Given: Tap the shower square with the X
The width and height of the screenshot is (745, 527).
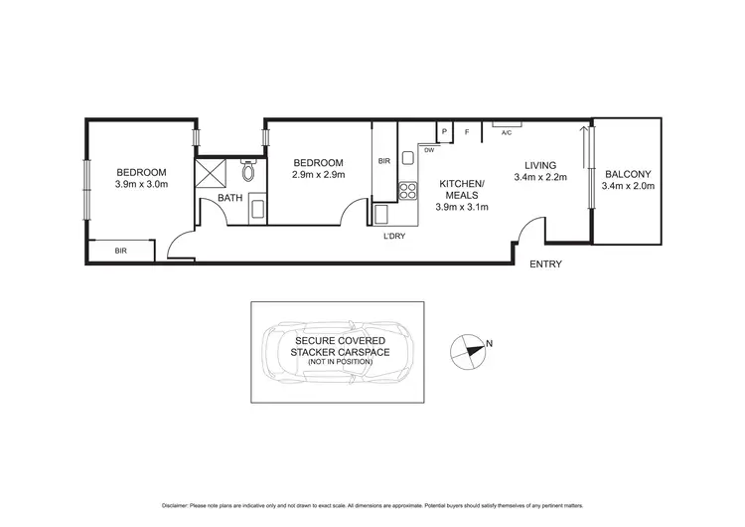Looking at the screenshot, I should tap(211, 175).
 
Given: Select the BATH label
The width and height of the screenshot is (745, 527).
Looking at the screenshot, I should tap(230, 198).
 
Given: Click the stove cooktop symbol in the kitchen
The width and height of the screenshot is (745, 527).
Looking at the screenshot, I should tap(407, 189).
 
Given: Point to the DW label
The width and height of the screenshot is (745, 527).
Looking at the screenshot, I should tap(429, 150).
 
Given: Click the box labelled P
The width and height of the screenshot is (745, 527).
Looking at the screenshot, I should tap(445, 131).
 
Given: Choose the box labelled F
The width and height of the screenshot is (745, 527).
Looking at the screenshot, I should tap(466, 131).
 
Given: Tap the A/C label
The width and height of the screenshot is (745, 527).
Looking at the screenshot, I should tap(506, 132).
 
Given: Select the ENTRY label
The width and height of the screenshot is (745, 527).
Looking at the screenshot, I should tap(546, 264).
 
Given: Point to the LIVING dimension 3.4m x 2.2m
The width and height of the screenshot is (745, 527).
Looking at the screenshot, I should tap(541, 178).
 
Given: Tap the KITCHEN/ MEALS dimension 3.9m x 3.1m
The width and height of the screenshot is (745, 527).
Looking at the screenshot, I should tap(463, 208).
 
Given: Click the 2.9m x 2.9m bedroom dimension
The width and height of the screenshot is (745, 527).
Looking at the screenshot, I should tap(318, 175).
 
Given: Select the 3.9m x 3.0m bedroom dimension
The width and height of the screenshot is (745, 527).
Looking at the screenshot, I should tap(141, 184).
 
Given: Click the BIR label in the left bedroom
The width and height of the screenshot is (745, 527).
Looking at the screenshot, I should tap(120, 252).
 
